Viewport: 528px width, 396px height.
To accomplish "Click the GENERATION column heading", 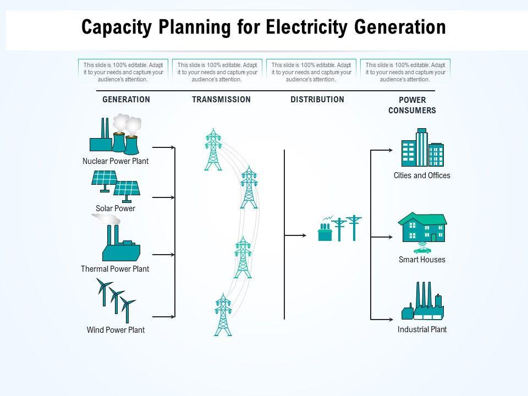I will (x=126, y=100).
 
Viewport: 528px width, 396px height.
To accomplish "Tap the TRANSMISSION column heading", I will (x=221, y=100).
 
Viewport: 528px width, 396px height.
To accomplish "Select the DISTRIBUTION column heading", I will (x=317, y=100).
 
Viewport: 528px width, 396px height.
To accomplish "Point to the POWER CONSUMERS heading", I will (x=412, y=105).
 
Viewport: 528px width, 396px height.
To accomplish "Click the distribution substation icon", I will (x=339, y=228).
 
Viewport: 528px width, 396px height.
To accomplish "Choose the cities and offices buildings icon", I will (x=422, y=147).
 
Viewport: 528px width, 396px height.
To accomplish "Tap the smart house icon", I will (x=422, y=228).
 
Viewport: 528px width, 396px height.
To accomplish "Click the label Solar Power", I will (x=116, y=208).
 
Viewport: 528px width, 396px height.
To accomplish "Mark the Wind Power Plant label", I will (x=116, y=330).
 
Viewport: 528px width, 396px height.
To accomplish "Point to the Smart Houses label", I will (x=422, y=260).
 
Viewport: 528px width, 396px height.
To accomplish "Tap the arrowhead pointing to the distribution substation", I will (x=304, y=235).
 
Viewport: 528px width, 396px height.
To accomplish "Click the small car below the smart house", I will (x=422, y=250).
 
